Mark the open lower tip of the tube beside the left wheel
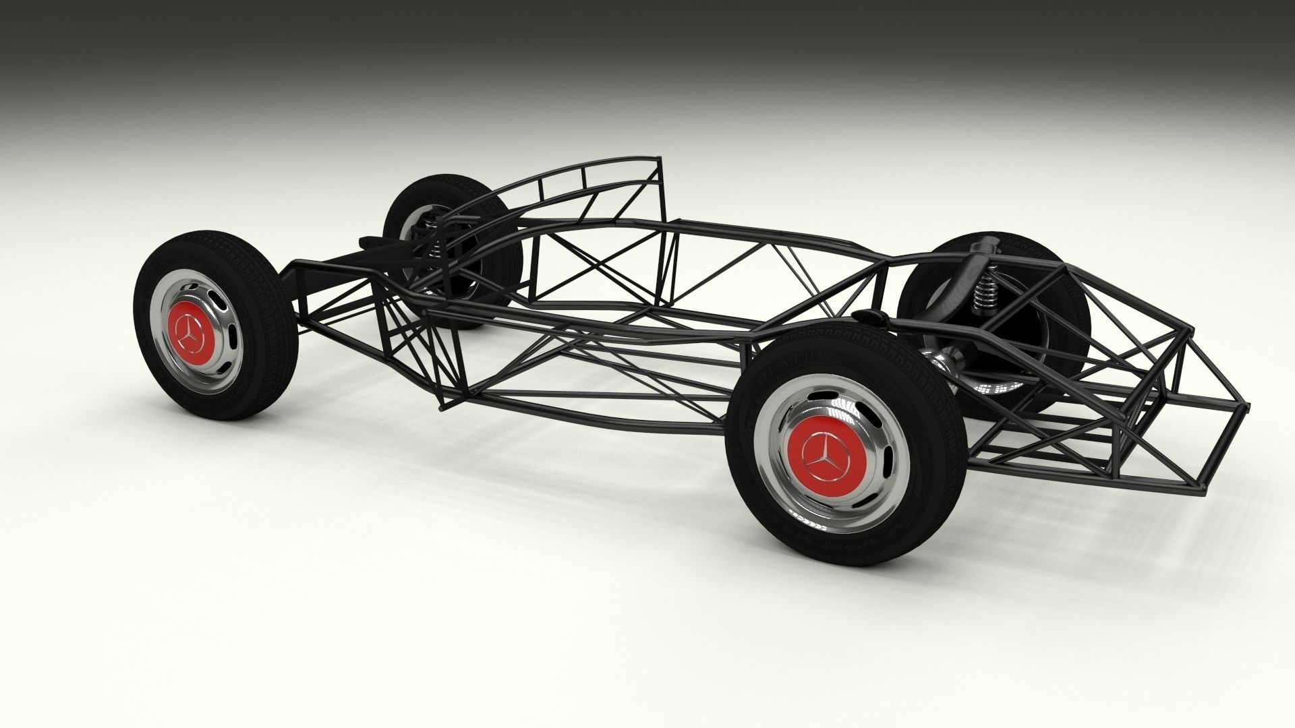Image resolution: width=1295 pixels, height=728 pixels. point(442,407)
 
